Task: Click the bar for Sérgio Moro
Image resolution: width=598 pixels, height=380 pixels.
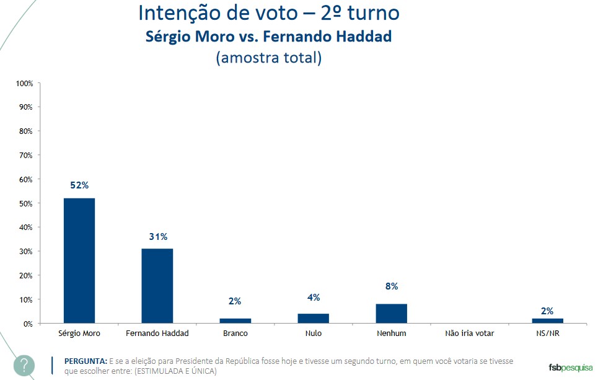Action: [79, 260]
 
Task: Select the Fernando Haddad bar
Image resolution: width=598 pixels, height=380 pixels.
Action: [157, 286]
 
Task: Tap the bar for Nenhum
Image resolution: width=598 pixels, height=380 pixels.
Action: [391, 314]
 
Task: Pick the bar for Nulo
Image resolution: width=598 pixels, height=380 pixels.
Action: [314, 319]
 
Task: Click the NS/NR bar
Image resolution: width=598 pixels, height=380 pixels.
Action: [547, 320]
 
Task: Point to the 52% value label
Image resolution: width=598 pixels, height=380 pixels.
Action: [79, 185]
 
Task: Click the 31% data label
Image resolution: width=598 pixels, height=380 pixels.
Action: [158, 236]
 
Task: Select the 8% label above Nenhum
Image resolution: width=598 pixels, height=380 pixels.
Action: [391, 286]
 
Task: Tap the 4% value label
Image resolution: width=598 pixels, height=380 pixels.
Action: [314, 297]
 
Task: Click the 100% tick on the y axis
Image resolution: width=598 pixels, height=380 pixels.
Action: [24, 83]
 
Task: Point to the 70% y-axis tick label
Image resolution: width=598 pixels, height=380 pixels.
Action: [26, 155]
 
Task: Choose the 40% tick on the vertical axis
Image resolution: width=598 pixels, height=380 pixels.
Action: [26, 228]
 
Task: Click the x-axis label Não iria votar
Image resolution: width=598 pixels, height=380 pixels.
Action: [469, 334]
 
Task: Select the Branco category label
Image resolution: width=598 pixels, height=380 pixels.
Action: [235, 334]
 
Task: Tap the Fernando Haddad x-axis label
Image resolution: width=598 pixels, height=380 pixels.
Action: [157, 334]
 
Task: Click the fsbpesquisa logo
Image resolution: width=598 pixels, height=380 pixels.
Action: [571, 367]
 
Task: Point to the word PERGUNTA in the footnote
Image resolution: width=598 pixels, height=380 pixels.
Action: [85, 361]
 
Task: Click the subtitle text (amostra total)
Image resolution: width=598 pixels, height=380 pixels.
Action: [268, 58]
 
